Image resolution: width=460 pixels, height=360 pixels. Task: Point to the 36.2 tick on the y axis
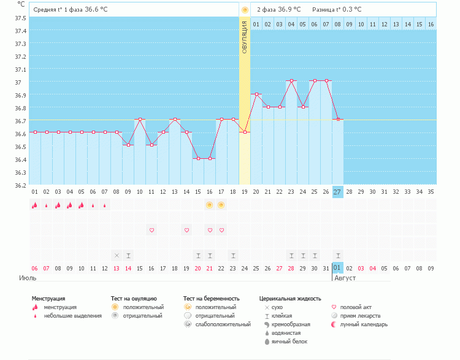click(x=20, y=185)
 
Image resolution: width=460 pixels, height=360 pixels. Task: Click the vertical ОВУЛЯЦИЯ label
click(x=244, y=37)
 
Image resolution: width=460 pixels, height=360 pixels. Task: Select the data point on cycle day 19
click(x=245, y=132)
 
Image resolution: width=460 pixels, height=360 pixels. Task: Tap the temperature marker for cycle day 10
click(x=140, y=119)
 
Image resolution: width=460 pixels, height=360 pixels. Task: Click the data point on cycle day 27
click(x=338, y=119)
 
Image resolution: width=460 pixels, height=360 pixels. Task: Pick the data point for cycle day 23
click(x=291, y=80)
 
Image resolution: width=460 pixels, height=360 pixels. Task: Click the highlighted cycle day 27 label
click(x=338, y=192)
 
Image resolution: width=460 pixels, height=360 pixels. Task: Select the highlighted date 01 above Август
click(x=338, y=268)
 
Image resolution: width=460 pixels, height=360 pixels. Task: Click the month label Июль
click(x=28, y=278)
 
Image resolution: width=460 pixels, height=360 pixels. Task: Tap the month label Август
click(x=345, y=278)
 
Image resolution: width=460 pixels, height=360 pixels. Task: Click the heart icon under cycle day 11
click(x=151, y=230)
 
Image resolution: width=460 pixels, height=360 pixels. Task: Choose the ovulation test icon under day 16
click(x=210, y=205)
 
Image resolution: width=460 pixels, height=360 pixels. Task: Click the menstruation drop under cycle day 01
click(x=35, y=205)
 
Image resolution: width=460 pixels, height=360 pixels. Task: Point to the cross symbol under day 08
click(x=117, y=255)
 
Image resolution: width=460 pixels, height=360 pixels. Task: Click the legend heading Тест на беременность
click(x=211, y=299)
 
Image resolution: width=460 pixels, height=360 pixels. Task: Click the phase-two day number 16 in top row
click(x=431, y=24)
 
